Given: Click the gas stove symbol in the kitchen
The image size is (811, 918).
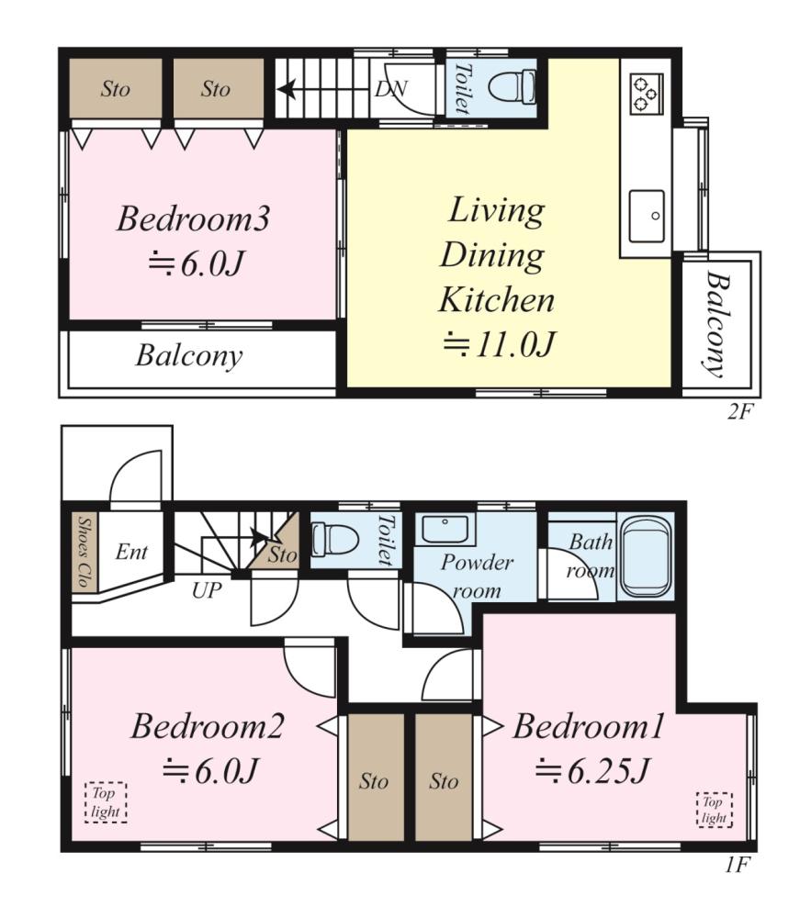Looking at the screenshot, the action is (x=647, y=94).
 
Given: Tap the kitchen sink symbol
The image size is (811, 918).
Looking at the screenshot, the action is (x=647, y=216).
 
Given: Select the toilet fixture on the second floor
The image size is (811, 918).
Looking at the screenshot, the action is (x=512, y=87).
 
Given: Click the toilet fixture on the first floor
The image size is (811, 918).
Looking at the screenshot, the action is (x=335, y=539).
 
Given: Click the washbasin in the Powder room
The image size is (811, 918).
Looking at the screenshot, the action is (x=445, y=530).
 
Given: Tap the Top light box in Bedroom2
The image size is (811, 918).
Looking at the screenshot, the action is (x=106, y=802).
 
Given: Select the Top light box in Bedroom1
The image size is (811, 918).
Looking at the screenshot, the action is (x=715, y=809).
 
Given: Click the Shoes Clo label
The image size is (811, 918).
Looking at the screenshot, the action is (x=84, y=552).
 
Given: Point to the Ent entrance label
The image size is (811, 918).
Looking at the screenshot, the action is (x=131, y=552).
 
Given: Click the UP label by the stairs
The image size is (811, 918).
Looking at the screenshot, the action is (x=207, y=590).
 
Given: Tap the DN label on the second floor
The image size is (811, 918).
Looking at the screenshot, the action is (x=390, y=89).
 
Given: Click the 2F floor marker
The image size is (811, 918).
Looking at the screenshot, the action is (x=739, y=411).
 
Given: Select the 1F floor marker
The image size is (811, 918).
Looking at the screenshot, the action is (x=738, y=865).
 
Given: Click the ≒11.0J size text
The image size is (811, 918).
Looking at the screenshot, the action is (x=499, y=344).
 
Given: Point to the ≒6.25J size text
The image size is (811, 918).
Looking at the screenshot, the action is (x=591, y=770).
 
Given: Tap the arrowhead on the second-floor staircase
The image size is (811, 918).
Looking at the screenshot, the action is (x=286, y=90).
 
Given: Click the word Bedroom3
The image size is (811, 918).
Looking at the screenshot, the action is (x=193, y=218).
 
